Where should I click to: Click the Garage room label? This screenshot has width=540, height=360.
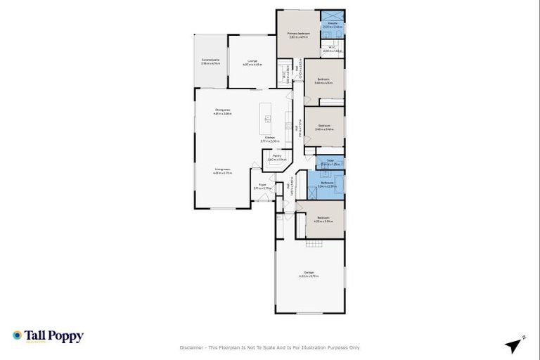(x=309, y=274)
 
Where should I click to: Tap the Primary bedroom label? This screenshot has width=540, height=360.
(x=299, y=34)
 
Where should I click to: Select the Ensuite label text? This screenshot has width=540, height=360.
(x=332, y=24)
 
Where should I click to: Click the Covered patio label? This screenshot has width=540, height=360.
(x=211, y=61)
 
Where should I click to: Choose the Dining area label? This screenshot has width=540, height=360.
(x=223, y=111)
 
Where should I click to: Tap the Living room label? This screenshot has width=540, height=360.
(x=223, y=171)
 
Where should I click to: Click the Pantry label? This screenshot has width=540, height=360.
(x=277, y=157)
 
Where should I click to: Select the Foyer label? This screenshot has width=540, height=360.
(x=262, y=186)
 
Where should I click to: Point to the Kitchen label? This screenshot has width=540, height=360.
(x=270, y=139)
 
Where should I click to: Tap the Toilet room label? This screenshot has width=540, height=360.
(x=330, y=161)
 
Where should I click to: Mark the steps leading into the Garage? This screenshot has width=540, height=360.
(x=314, y=243)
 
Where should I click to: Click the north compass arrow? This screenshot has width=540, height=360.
(x=515, y=345)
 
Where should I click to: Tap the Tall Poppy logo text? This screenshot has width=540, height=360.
(x=54, y=335)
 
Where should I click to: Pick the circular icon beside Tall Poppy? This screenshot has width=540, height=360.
(x=17, y=335)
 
